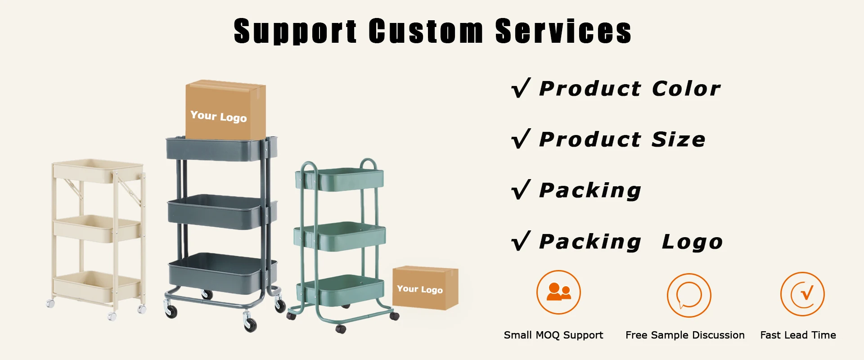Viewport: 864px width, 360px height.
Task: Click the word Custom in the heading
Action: click(x=426, y=31)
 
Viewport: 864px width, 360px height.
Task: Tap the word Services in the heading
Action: click(x=563, y=31)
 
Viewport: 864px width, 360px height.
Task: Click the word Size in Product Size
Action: click(x=679, y=139)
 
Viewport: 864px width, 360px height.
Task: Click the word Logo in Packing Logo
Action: click(x=692, y=242)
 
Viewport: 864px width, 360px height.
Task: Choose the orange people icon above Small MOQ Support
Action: click(x=558, y=292)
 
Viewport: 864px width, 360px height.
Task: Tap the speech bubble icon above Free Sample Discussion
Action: click(x=689, y=295)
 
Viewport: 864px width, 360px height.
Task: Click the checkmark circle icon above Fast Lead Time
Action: click(x=802, y=294)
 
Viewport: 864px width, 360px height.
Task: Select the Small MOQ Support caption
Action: click(x=553, y=335)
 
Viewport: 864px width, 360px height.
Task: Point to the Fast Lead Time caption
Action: click(x=798, y=335)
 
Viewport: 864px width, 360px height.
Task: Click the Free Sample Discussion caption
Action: click(x=685, y=335)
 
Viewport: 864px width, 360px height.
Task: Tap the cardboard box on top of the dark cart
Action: click(x=225, y=110)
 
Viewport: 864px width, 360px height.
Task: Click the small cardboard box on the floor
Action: click(x=425, y=288)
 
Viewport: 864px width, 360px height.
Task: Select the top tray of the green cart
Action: click(x=339, y=180)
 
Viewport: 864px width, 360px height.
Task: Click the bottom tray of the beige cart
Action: click(x=96, y=285)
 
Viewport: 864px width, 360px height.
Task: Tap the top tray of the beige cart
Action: click(x=98, y=171)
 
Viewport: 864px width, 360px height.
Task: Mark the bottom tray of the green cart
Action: click(x=340, y=289)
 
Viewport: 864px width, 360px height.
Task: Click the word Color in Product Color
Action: click(x=686, y=88)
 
